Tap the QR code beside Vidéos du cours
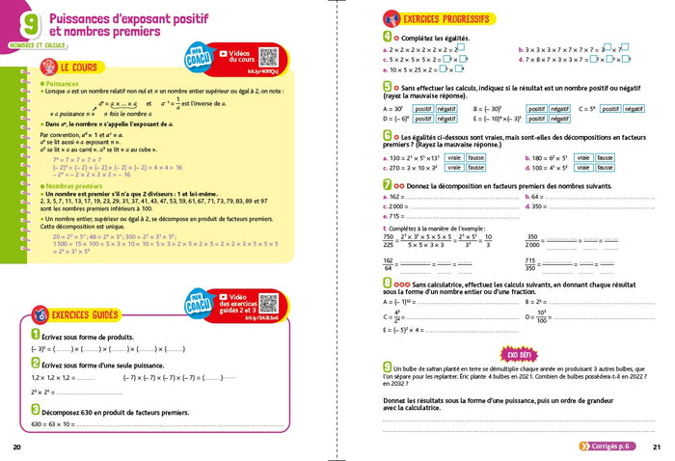pos(268,58)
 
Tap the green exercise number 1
pos(35,335)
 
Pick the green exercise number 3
pos(35,410)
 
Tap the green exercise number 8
pos(387,285)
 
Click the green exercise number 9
pos(387,366)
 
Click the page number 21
pos(656,447)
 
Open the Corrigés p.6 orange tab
pos(608,446)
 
